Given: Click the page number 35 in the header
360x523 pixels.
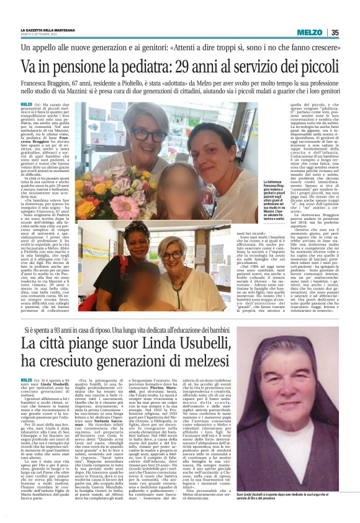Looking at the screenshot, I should (x=335, y=32).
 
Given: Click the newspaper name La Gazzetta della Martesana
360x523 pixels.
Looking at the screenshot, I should (x=48, y=30).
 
